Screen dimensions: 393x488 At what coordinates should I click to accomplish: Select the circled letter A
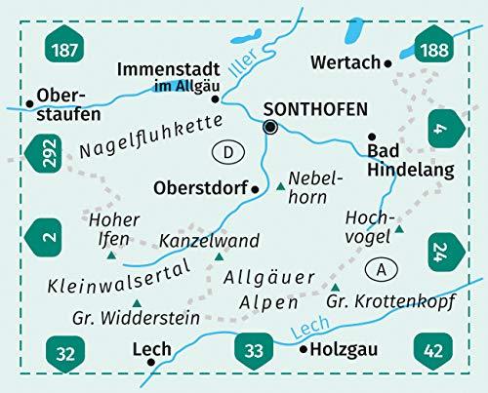click(x=379, y=267)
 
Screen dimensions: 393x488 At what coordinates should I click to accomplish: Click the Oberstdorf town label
click(x=201, y=186)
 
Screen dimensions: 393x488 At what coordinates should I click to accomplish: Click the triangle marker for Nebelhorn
click(x=281, y=184)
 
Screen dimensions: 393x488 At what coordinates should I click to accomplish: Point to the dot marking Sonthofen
click(x=271, y=127)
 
